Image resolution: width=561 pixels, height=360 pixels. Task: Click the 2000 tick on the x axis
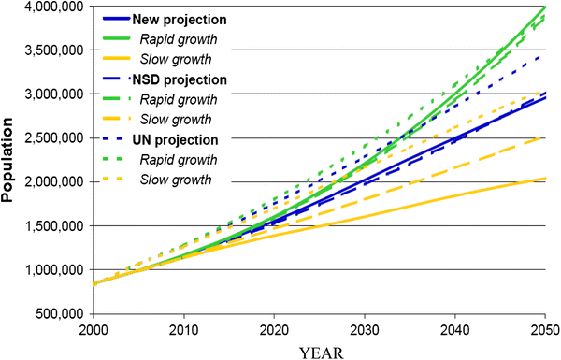(x=92, y=331)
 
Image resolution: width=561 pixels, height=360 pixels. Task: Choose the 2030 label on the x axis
(x=364, y=331)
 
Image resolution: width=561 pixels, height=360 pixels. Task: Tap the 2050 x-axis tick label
(x=545, y=331)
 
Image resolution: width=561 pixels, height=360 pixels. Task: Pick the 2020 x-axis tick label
(x=273, y=331)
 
